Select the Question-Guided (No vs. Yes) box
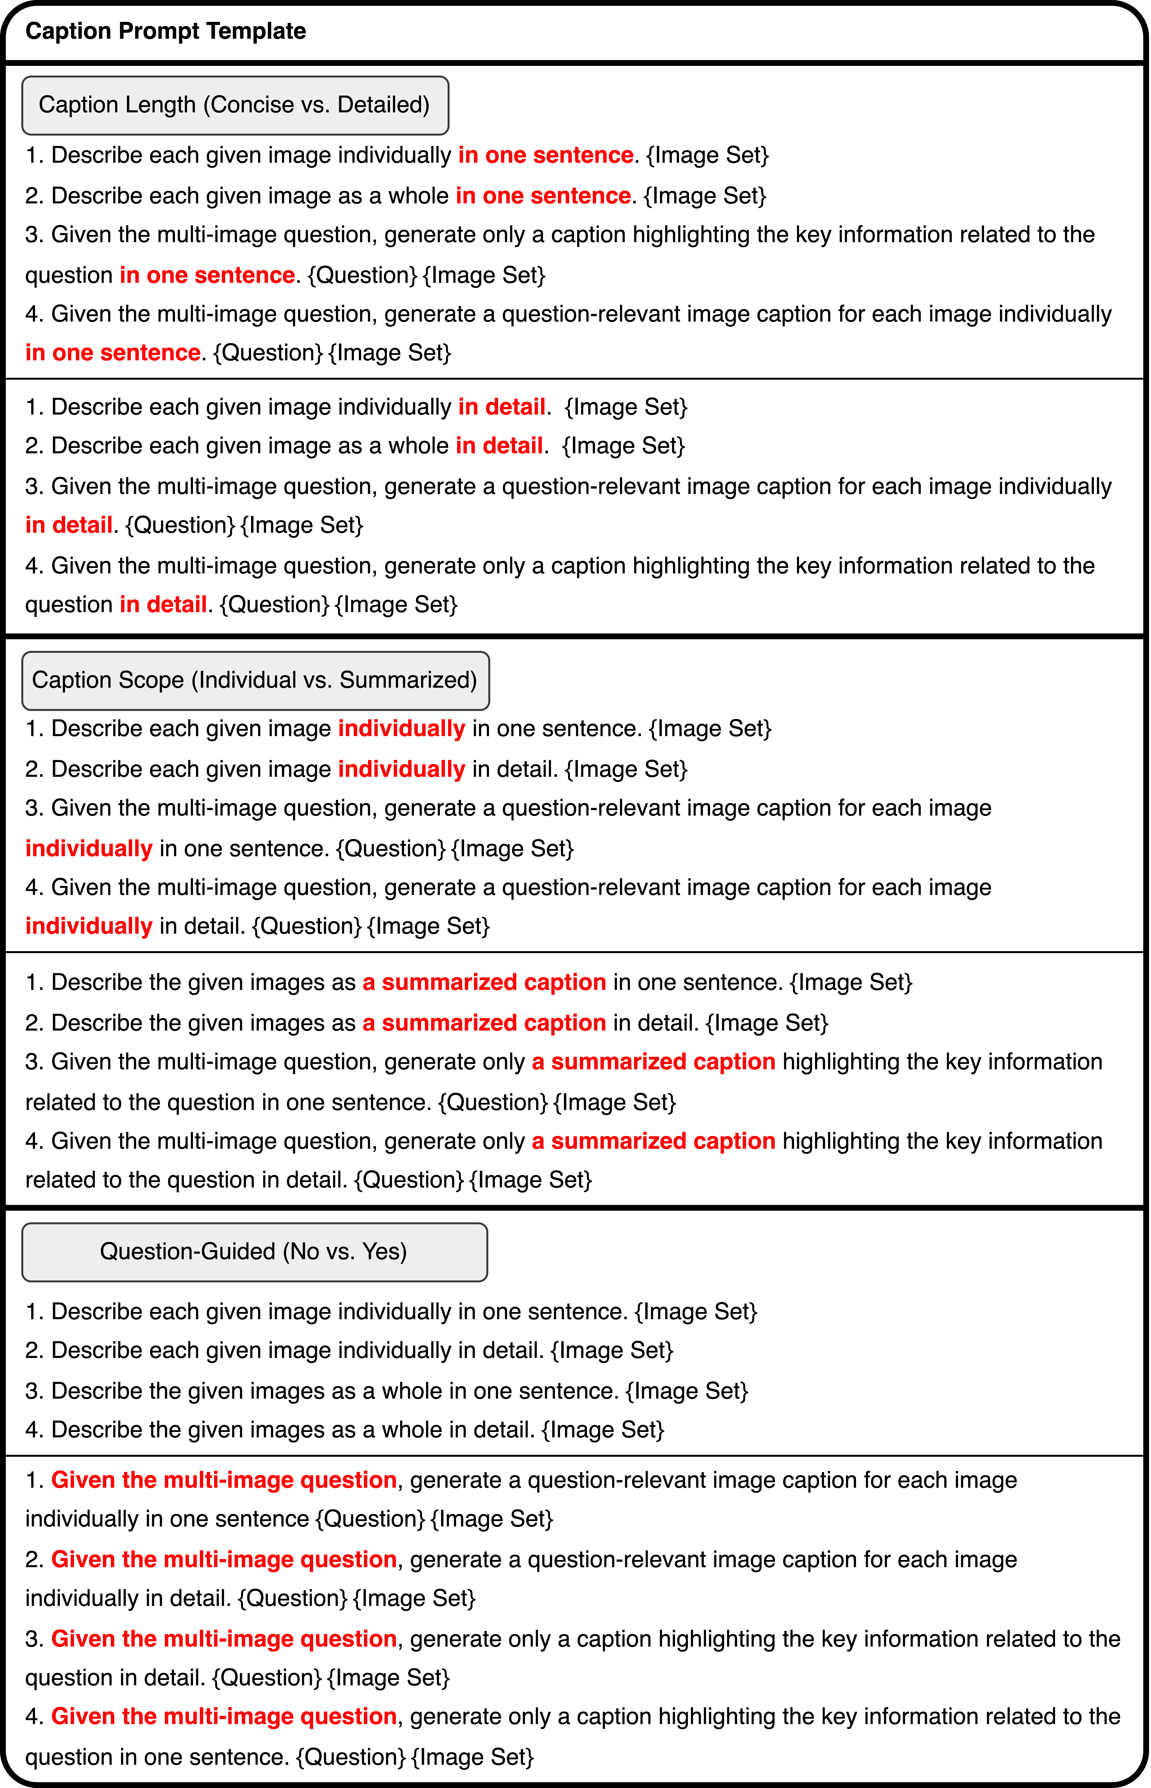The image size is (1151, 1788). pyautogui.click(x=254, y=1252)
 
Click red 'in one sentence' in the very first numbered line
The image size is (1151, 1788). pyautogui.click(x=546, y=155)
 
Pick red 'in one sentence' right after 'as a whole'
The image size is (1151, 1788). pyautogui.click(x=543, y=196)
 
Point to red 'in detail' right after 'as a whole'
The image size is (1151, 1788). pyautogui.click(x=499, y=446)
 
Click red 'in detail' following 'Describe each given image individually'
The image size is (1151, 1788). pyautogui.click(x=501, y=407)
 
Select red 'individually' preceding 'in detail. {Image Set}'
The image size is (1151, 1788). pyautogui.click(x=401, y=770)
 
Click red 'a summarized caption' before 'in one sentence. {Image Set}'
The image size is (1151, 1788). pyautogui.click(x=484, y=983)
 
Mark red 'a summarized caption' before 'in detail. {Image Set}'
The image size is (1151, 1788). pyautogui.click(x=484, y=1023)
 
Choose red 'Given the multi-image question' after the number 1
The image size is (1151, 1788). pyautogui.click(x=223, y=1481)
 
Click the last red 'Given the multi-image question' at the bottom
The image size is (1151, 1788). pyautogui.click(x=223, y=1717)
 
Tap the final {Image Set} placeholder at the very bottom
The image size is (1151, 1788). pyautogui.click(x=472, y=1757)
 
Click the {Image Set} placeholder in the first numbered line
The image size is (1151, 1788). pyautogui.click(x=707, y=155)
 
